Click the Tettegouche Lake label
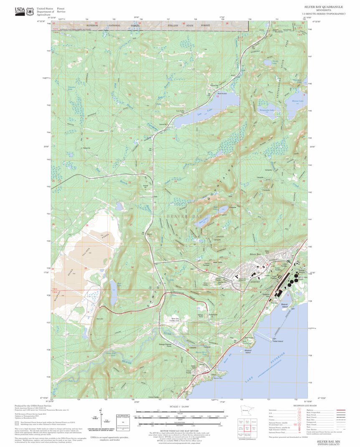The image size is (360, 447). click(x=267, y=110)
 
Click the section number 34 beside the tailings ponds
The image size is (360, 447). click(x=132, y=267)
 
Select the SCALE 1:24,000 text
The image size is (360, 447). click(x=179, y=406)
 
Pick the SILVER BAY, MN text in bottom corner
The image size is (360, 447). click(x=328, y=441)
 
